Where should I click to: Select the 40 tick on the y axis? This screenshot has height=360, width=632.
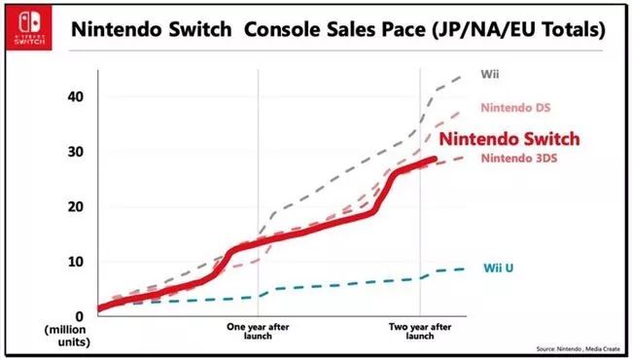tap(77, 97)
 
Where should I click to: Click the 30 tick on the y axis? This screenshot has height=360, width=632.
tap(77, 153)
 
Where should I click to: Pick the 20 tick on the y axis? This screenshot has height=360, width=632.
tap(77, 207)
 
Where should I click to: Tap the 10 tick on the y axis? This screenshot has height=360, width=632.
tap(77, 262)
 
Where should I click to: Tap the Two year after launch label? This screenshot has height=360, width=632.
tap(419, 331)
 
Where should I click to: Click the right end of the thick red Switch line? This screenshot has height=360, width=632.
tap(436, 160)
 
